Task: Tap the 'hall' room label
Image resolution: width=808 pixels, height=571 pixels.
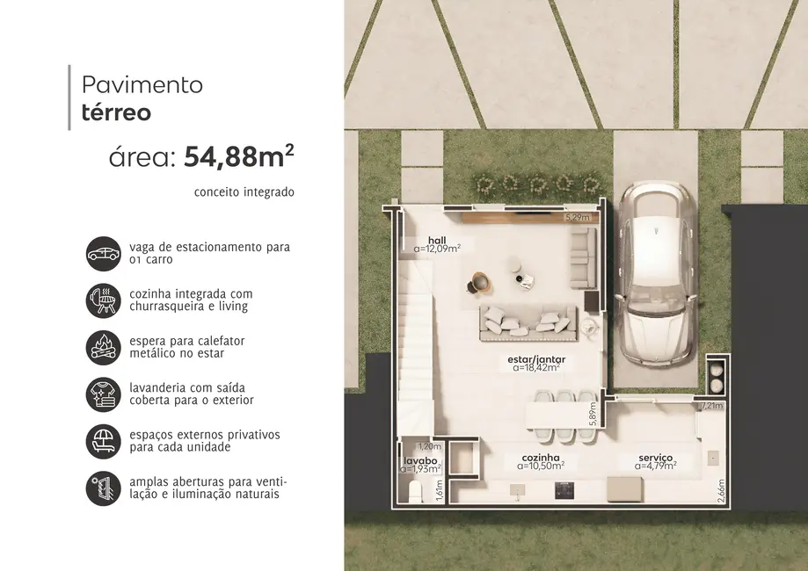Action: [437, 240]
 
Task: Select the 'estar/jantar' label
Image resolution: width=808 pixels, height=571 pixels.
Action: [536, 360]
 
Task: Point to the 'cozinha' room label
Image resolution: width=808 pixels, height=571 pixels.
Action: [540, 458]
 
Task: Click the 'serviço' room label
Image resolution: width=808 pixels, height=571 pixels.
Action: [656, 458]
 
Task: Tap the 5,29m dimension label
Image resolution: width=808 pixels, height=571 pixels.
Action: [577, 217]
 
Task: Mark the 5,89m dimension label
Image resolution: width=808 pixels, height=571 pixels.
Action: [593, 412]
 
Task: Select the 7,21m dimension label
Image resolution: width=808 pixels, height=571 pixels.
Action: [713, 406]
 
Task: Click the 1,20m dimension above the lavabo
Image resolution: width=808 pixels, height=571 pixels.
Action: [429, 446]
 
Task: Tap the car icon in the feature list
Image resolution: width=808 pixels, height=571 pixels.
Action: [103, 254]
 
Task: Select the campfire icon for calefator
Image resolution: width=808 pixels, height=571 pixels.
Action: [103, 346]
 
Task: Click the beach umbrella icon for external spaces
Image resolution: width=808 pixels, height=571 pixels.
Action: [103, 441]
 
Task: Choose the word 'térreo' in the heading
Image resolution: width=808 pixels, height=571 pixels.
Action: [116, 112]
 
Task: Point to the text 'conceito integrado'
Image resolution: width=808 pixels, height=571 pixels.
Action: [244, 192]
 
